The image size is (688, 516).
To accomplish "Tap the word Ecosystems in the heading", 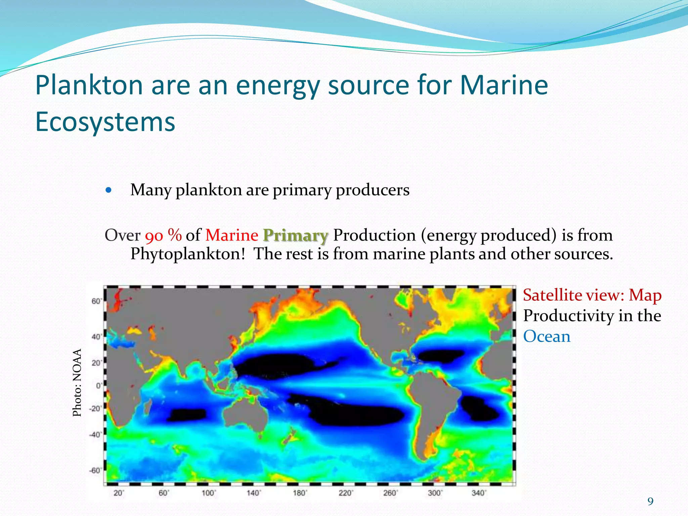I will pos(105,122).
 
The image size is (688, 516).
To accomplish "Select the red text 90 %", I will pos(163,235).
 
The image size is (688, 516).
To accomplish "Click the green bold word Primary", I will pos(295,235).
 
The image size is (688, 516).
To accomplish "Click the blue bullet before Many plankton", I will pos(108,190).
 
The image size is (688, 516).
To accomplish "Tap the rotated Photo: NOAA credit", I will pos(77,383).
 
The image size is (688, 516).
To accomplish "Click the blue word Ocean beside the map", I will pos(547,337).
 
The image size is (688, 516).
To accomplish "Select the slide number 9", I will pos(650,502).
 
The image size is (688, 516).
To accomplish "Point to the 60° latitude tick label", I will pos(96,301).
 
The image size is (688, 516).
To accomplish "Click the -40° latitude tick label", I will pos(95,435).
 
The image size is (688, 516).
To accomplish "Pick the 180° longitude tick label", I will pos(299,493).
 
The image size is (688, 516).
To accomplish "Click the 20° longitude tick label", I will pos(119,493).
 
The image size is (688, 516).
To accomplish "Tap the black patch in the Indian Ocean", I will pos(187,415).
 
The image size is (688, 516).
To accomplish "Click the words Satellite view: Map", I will pos(592,295).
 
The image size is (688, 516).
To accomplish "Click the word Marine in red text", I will pos(232,235).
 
